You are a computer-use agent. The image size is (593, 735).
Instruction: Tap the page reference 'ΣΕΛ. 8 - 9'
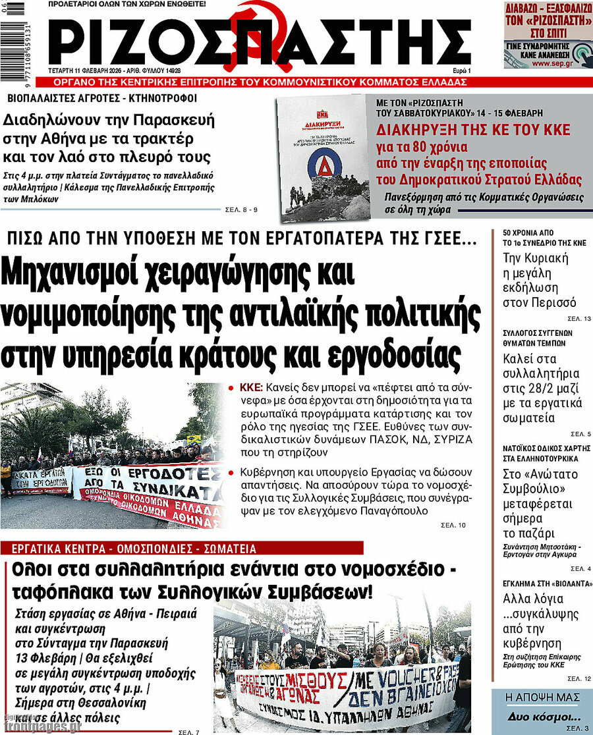240,210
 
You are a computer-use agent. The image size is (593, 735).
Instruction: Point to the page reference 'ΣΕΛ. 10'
453,525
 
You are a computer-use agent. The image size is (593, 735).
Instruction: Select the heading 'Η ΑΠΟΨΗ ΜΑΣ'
542,697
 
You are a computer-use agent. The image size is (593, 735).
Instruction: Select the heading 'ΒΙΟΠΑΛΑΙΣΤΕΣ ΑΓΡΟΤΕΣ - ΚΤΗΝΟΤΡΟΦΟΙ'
101,99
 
